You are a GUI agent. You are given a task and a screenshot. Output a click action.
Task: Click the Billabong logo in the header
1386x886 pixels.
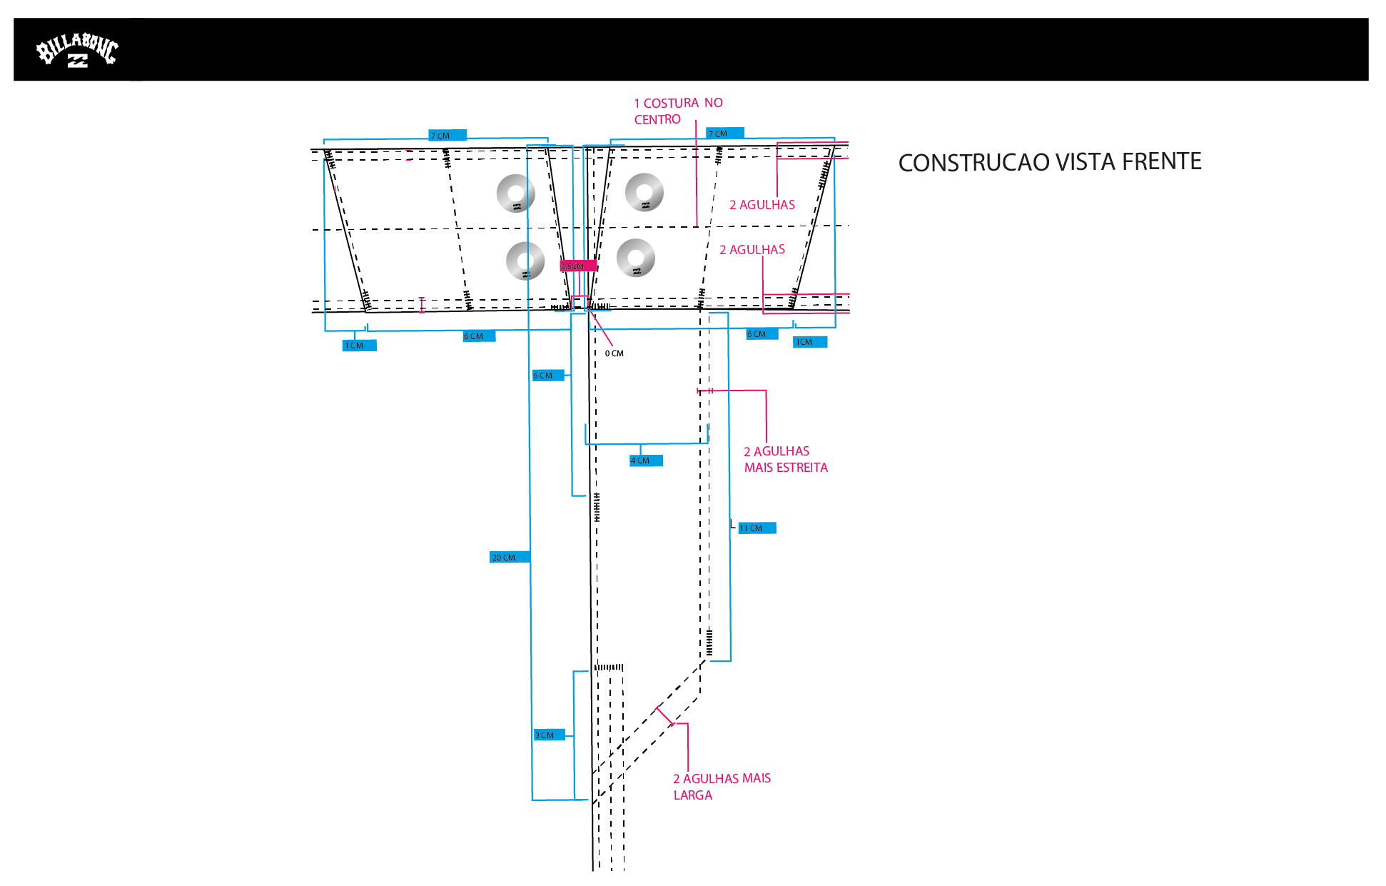tap(77, 51)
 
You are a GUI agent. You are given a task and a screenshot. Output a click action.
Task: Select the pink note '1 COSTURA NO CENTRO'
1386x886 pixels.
tap(678, 111)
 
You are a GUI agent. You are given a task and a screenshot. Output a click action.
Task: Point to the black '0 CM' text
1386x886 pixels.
tap(614, 353)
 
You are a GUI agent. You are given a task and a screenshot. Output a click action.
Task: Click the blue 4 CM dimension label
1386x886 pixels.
tap(645, 461)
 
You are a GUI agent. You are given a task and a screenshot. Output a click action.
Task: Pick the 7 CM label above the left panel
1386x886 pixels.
tap(447, 136)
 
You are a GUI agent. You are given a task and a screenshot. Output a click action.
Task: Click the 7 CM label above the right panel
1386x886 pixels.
tap(724, 134)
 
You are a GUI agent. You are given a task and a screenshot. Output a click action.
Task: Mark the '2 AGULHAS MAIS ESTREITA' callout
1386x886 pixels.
tap(785, 460)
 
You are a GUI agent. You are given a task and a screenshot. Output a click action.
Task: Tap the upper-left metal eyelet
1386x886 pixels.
tap(516, 193)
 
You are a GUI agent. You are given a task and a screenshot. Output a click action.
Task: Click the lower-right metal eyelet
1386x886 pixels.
tap(635, 258)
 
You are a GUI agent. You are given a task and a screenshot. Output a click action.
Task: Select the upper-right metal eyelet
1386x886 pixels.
tap(644, 192)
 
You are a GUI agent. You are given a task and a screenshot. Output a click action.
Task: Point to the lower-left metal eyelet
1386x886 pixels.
tap(525, 261)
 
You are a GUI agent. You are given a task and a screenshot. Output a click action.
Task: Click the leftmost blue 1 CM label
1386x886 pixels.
tap(358, 346)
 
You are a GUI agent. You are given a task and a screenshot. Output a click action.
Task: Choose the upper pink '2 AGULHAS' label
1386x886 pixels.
tap(762, 205)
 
